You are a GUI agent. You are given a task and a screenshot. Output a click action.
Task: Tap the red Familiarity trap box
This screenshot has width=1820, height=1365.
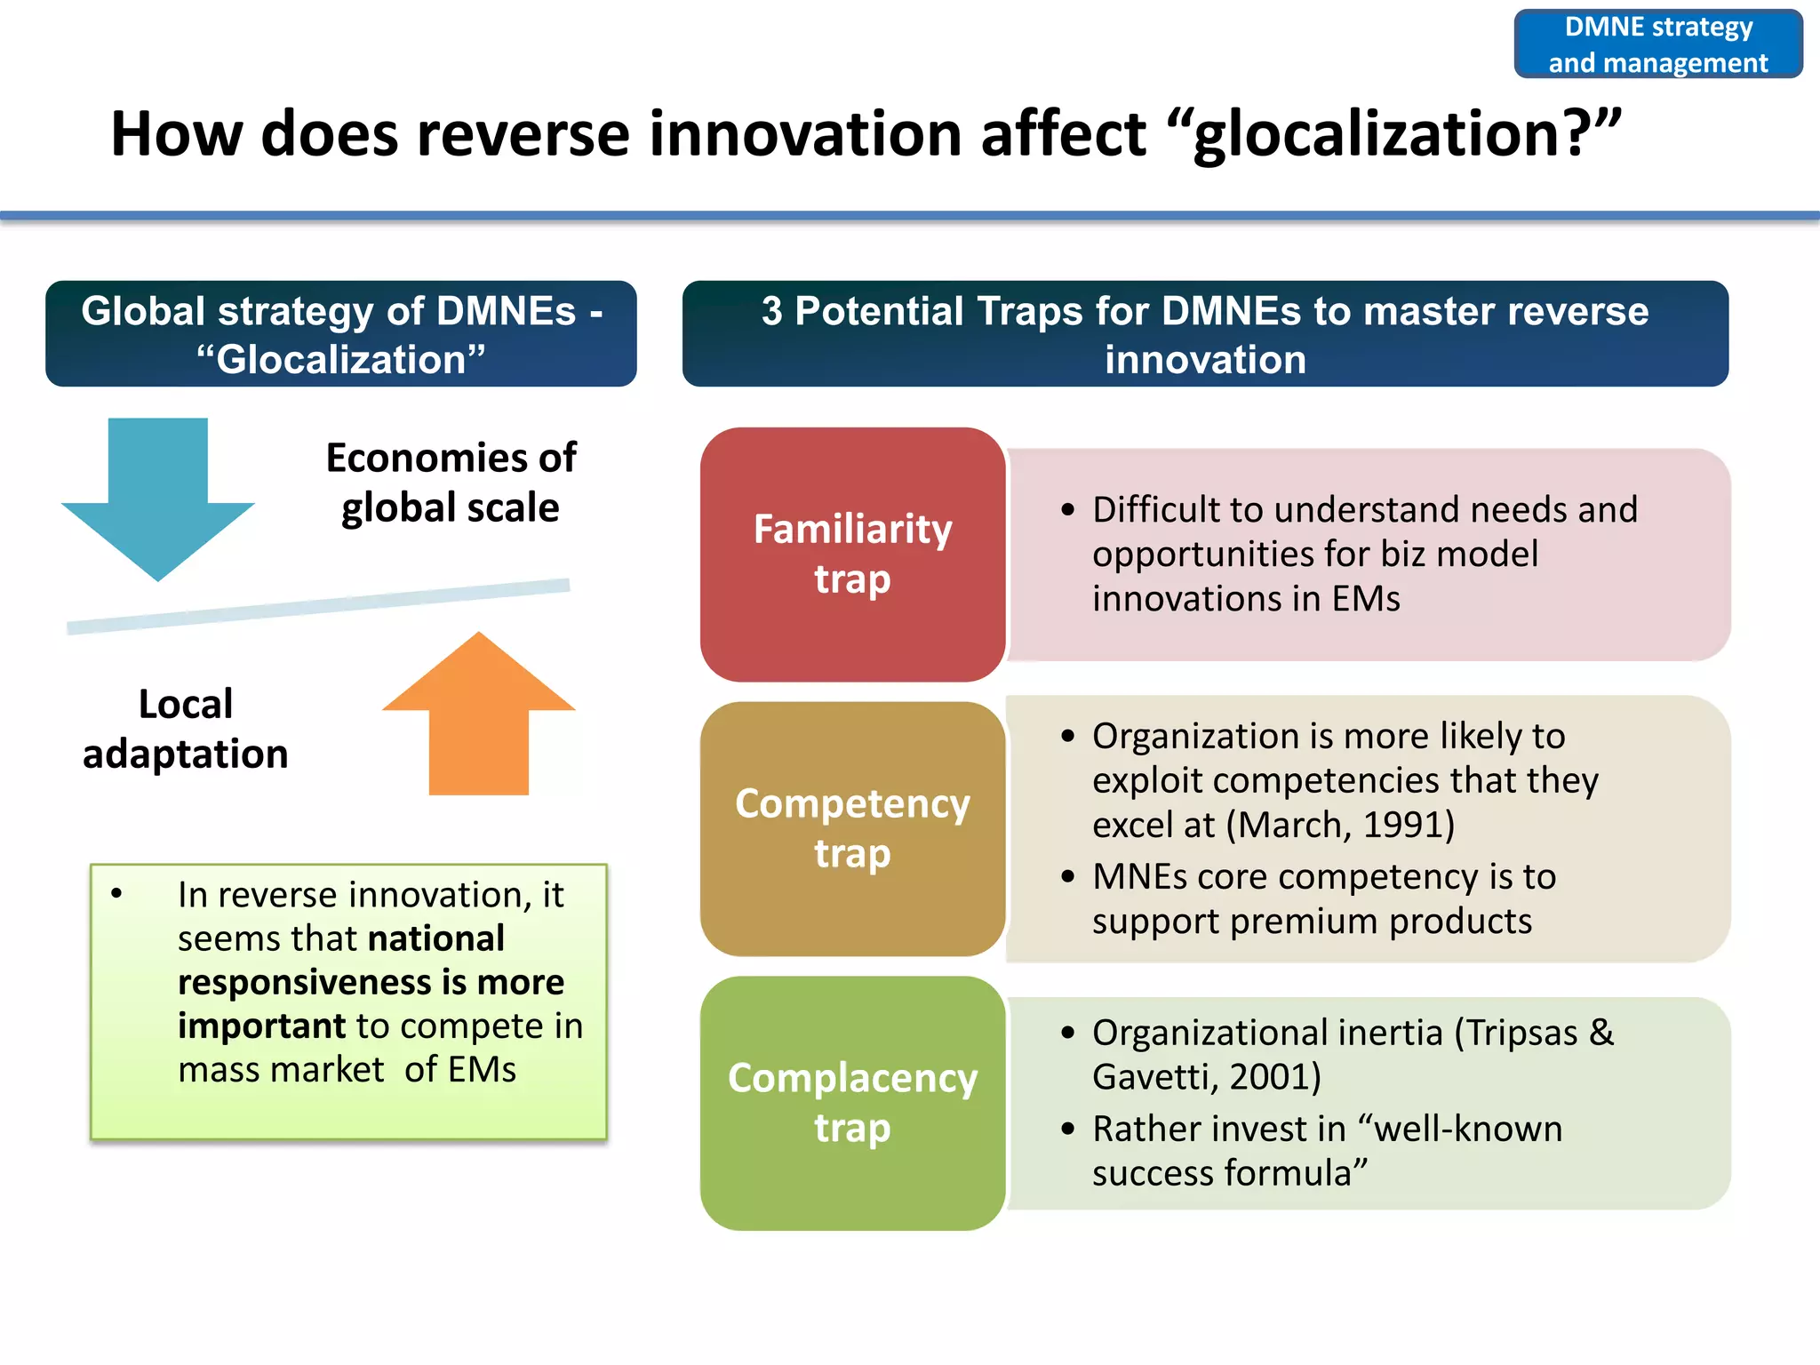click(x=852, y=554)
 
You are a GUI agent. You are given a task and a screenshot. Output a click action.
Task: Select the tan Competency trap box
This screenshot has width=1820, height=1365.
click(x=852, y=828)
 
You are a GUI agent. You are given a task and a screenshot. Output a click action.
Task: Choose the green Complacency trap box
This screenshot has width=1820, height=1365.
click(x=852, y=1103)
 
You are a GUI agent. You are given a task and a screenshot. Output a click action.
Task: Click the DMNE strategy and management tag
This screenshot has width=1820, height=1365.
click(x=1658, y=44)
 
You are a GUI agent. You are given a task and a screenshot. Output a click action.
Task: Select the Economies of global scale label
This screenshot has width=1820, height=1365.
click(x=451, y=483)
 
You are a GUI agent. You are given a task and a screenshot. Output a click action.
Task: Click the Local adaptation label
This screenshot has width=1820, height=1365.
click(x=185, y=729)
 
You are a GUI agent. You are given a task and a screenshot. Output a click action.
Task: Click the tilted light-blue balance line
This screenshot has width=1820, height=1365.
click(x=318, y=606)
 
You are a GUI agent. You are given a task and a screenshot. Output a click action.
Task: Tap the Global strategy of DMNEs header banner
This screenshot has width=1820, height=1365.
click(x=341, y=334)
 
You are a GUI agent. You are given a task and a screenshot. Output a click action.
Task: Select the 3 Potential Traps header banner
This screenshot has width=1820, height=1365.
click(x=1205, y=334)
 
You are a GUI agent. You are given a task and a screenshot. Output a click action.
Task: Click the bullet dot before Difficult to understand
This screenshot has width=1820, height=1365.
click(x=1068, y=510)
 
